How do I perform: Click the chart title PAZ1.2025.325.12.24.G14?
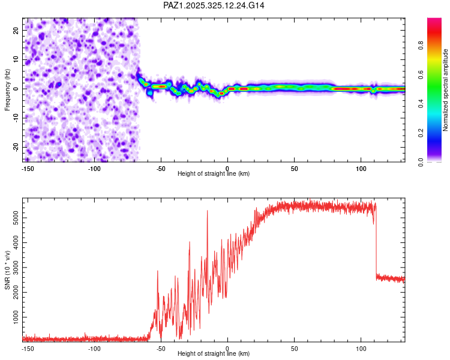[214, 5]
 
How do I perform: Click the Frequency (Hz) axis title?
[7, 89]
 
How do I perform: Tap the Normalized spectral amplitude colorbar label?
[445, 90]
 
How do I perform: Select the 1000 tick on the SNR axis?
[14, 315]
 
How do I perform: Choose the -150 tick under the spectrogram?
[28, 168]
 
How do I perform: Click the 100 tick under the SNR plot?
[361, 348]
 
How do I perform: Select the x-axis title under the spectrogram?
[214, 174]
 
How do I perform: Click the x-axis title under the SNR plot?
[214, 354]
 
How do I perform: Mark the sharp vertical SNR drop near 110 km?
[376, 240]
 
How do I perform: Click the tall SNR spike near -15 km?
[208, 211]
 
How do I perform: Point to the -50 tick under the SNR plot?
[161, 348]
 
